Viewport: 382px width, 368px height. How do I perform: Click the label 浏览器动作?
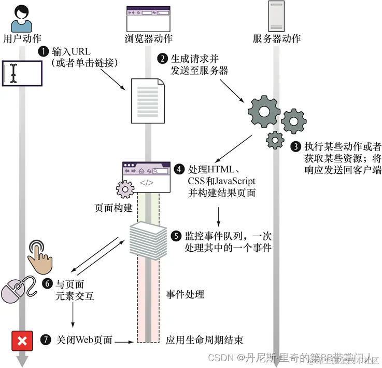[149, 38]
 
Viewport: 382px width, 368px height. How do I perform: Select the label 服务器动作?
[277, 38]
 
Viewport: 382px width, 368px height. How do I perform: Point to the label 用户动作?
[22, 38]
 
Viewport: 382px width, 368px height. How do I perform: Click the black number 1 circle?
[43, 52]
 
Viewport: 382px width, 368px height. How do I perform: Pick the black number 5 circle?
[177, 236]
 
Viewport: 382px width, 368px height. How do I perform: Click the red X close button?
[22, 341]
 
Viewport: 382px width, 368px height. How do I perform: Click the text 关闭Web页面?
[84, 341]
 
